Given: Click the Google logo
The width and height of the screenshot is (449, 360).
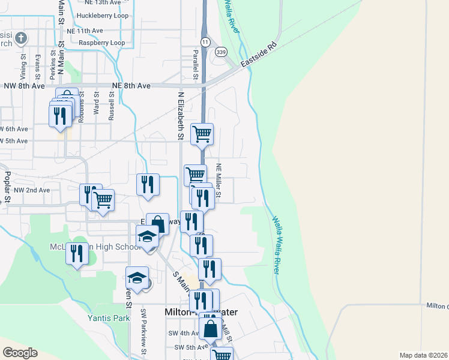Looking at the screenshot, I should (20, 353).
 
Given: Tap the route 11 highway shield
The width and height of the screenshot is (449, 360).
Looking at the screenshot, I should (205, 42).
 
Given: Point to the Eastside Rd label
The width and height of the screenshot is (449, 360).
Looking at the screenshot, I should (258, 55).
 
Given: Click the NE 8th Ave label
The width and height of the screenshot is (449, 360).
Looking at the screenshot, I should (131, 86).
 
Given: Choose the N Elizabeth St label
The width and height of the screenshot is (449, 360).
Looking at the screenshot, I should (180, 117).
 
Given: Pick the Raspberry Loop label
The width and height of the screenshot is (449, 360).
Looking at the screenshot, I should (101, 43).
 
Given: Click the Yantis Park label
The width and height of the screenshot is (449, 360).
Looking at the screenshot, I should (108, 319).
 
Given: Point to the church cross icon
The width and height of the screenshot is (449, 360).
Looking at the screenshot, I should (21, 38).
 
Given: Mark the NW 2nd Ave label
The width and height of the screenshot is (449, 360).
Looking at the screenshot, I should (32, 190).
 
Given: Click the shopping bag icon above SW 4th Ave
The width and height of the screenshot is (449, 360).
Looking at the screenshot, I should (211, 329).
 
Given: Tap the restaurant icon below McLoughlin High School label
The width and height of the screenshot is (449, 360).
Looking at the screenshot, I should (77, 253).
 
